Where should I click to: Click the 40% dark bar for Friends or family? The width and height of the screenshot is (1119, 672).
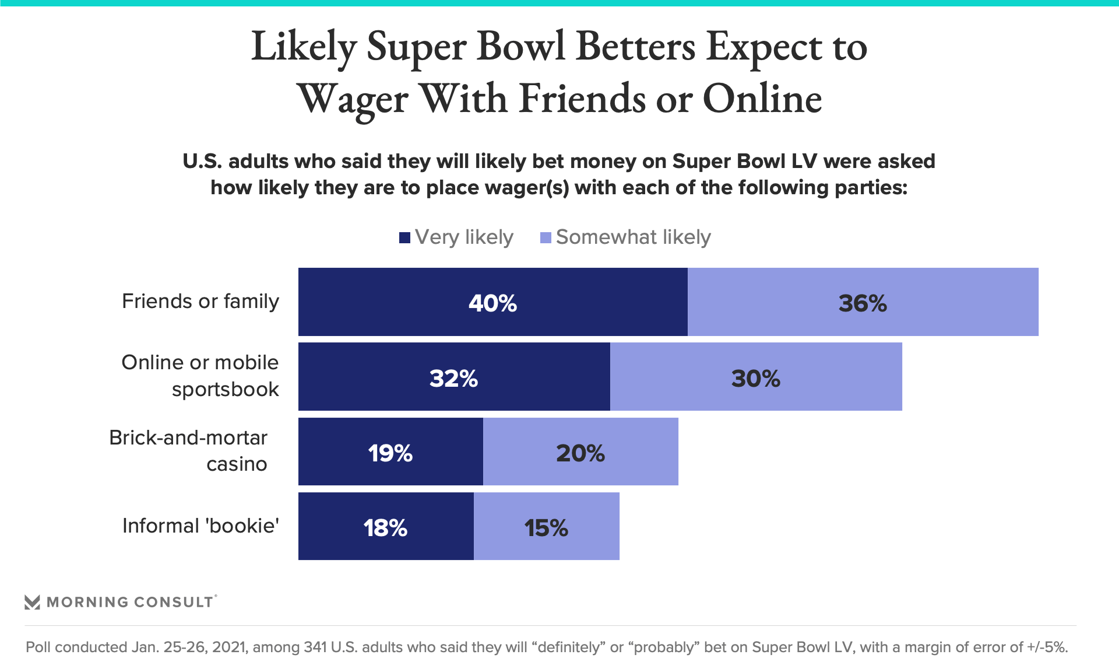(x=492, y=302)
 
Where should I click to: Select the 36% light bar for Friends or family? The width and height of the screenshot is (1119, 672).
(x=863, y=302)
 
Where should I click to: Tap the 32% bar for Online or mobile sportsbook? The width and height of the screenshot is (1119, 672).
(x=453, y=377)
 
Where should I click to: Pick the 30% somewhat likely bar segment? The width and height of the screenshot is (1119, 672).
(x=755, y=377)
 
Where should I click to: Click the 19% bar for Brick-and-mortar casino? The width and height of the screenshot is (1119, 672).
(x=390, y=452)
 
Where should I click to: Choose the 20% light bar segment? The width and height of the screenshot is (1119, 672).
(x=580, y=452)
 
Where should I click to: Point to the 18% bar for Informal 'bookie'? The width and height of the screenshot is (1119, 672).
(x=386, y=526)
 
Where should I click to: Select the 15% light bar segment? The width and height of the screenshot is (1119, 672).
(x=546, y=526)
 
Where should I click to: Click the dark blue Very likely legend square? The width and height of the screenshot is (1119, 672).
(x=404, y=237)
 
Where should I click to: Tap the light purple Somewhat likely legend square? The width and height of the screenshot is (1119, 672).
(x=546, y=237)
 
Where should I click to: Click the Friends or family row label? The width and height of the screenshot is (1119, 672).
(x=200, y=301)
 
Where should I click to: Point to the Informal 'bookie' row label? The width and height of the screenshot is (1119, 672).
(x=200, y=526)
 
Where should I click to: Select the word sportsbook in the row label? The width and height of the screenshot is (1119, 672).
(x=225, y=389)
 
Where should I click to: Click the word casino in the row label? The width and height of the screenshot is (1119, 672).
(x=237, y=464)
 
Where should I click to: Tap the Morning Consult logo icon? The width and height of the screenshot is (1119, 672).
(x=33, y=602)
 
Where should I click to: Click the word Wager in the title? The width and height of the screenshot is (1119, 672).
(x=353, y=99)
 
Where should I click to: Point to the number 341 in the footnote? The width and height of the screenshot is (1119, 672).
(x=315, y=647)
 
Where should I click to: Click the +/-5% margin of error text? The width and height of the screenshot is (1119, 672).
(x=1047, y=647)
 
